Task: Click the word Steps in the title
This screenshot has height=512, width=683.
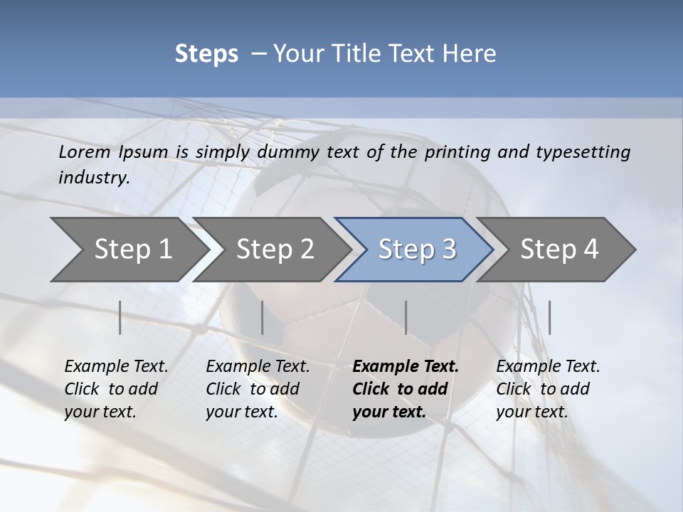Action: pos(206,54)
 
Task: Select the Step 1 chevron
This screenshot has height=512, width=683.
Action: pos(128,249)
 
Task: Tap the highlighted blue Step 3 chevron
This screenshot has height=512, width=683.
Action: pos(416,249)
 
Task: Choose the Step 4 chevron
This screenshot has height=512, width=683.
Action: pos(559,249)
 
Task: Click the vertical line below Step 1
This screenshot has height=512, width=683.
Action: pos(120,317)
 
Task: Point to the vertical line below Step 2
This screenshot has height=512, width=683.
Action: pos(263,317)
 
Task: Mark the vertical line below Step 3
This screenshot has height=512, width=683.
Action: pos(406,317)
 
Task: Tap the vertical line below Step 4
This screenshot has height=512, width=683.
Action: pos(549,317)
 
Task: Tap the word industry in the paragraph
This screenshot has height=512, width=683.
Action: pos(94,177)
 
